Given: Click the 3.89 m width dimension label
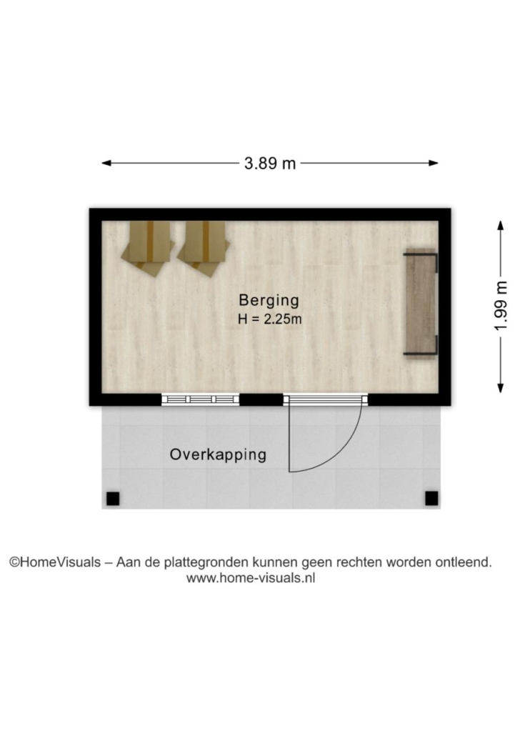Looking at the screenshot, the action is (x=270, y=164).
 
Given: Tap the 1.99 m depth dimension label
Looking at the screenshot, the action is (x=501, y=306).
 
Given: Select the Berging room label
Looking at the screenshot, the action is (x=269, y=300).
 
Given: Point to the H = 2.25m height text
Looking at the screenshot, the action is (x=269, y=319).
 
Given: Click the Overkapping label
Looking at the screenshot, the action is (x=218, y=454).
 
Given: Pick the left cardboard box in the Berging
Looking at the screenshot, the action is (x=148, y=248).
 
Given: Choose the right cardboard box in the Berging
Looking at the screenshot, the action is (x=204, y=248).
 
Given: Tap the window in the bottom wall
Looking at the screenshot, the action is (x=201, y=399).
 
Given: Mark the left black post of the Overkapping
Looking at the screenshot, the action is (x=113, y=499).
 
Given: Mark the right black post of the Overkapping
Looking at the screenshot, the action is (x=431, y=499).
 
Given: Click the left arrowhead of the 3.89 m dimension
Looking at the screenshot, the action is (x=106, y=164).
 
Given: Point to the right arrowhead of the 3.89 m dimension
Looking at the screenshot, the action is (x=434, y=164).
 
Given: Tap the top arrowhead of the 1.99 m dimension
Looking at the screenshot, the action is (x=501, y=225).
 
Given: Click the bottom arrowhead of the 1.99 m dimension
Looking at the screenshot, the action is (x=501, y=388).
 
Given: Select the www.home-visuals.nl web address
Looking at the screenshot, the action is (x=251, y=578).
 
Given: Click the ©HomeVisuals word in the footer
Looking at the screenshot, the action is (x=56, y=562).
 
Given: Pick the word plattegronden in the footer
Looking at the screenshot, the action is (x=206, y=562).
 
